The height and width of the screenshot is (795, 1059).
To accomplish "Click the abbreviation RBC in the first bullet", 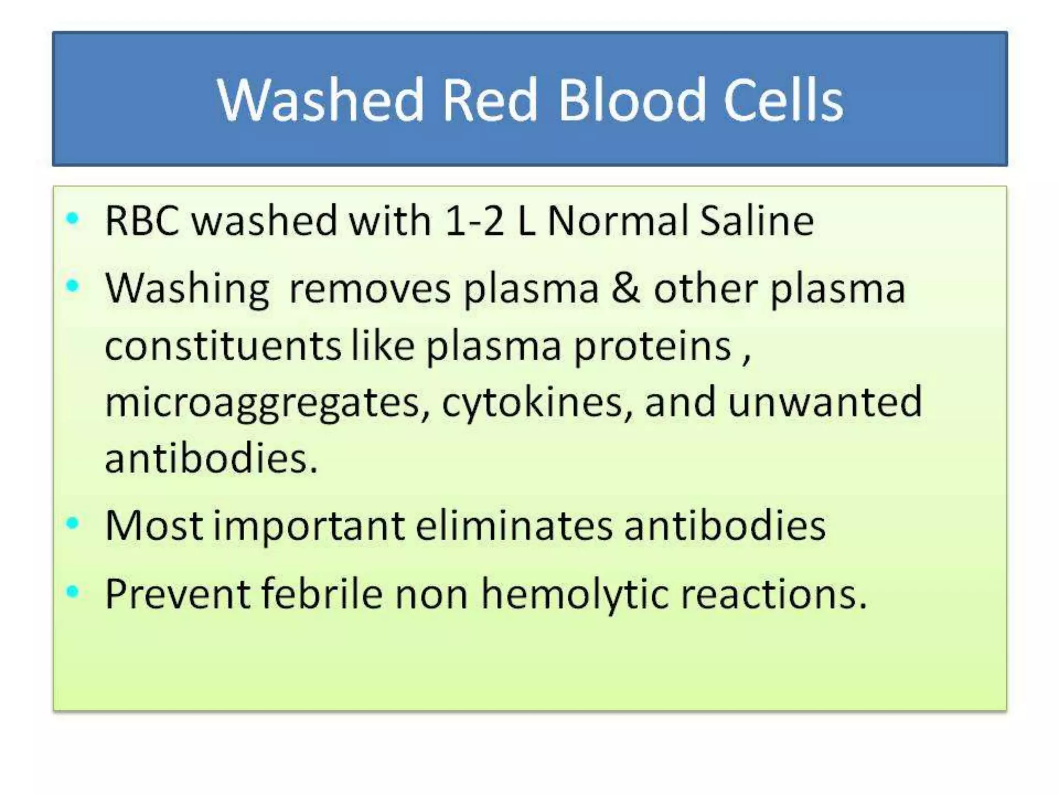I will click(x=142, y=221).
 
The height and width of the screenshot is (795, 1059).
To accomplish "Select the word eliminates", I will click(x=514, y=526).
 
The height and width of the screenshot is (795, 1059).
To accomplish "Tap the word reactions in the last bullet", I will click(x=773, y=594).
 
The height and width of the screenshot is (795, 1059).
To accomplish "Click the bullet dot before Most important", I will click(x=73, y=523).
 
